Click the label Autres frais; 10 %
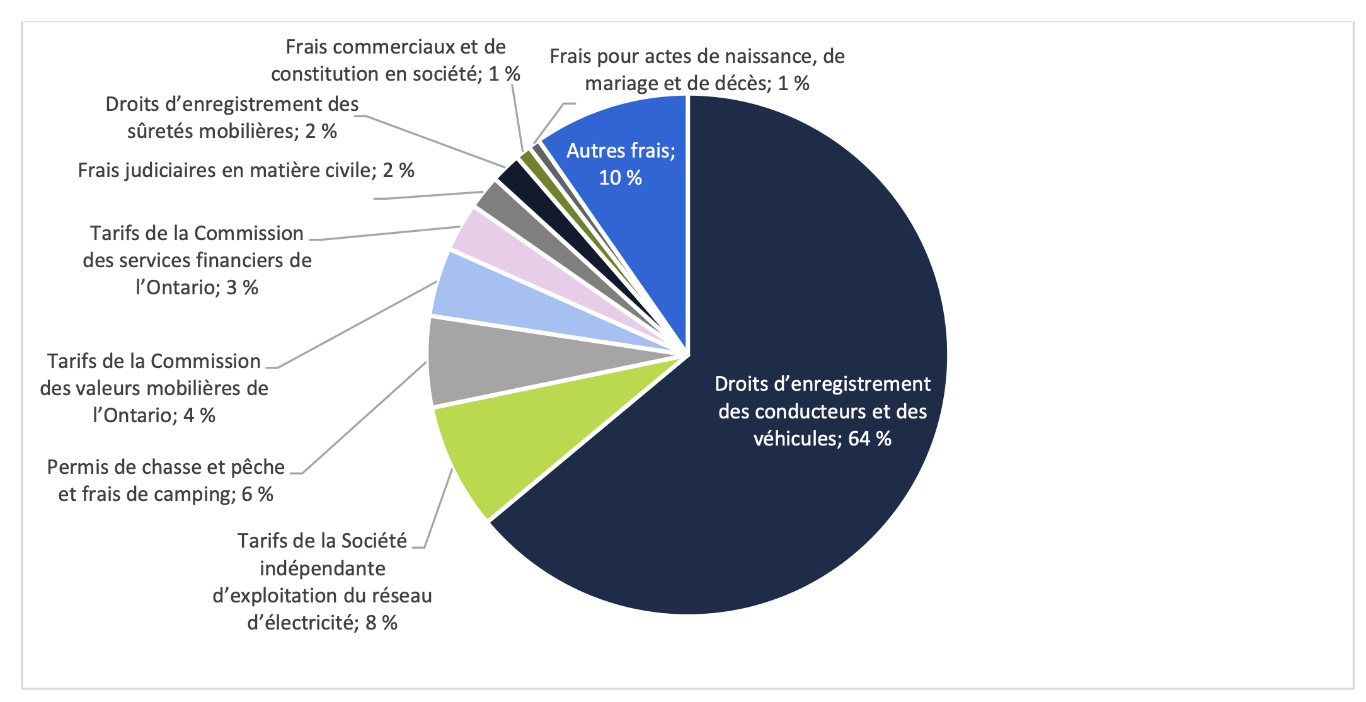pyautogui.click(x=621, y=164)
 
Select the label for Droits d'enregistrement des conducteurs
pyautogui.click(x=822, y=411)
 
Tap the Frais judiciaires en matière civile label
pyautogui.click(x=246, y=170)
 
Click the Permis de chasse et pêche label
pyautogui.click(x=166, y=480)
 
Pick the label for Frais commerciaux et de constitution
pyautogui.click(x=396, y=60)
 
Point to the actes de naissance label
pyautogui.click(x=697, y=69)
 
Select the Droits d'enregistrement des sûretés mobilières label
pyautogui.click(x=232, y=117)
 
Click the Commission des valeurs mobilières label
pyautogui.click(x=154, y=388)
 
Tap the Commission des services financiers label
pyautogui.click(x=197, y=260)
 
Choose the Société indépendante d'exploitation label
pyautogui.click(x=322, y=581)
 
